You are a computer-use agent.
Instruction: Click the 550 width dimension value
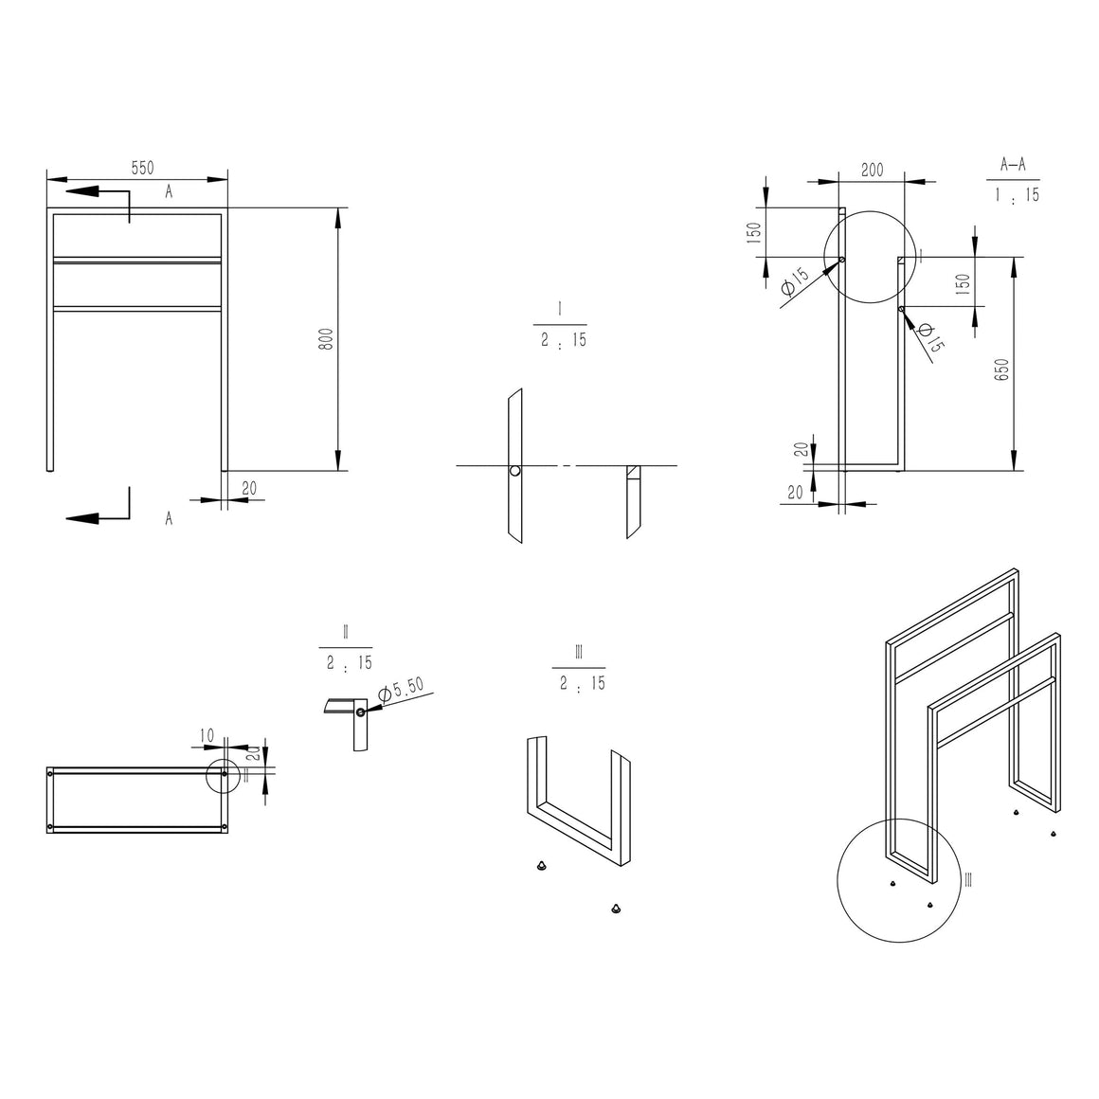(142, 169)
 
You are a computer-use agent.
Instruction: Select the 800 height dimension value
(326, 339)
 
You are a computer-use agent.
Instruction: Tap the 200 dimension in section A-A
(872, 171)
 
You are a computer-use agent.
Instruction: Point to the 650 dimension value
(1001, 369)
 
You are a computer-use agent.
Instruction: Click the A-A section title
(1013, 165)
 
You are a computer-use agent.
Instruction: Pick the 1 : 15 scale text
(1017, 194)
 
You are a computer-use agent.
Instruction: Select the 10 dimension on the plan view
(207, 736)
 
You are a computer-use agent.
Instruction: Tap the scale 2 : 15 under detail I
(564, 340)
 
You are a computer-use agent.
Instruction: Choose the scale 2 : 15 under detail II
(349, 663)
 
